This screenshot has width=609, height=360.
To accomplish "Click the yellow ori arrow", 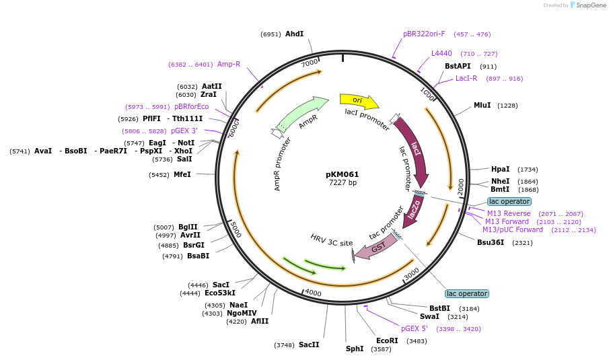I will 358,101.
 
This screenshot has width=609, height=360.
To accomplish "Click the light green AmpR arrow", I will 301,114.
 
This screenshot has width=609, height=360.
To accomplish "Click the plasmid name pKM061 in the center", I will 343,174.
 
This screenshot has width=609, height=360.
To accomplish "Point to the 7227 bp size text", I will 343,183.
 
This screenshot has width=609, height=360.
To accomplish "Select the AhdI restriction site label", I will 294,34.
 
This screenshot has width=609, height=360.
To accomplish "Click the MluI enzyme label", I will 482,105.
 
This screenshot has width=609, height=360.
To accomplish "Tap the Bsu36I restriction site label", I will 491,242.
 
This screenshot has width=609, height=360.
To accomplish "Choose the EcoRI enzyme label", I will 387,340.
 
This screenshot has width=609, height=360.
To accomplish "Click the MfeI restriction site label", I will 182,174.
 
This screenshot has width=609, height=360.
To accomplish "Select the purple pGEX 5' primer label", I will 415,329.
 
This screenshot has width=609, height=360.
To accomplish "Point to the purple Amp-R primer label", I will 229,65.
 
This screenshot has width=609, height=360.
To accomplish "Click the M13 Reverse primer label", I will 509,213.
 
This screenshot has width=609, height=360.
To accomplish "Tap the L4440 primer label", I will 441,53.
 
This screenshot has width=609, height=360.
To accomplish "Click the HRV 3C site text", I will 331,240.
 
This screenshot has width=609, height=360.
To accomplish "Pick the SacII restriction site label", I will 309,345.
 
